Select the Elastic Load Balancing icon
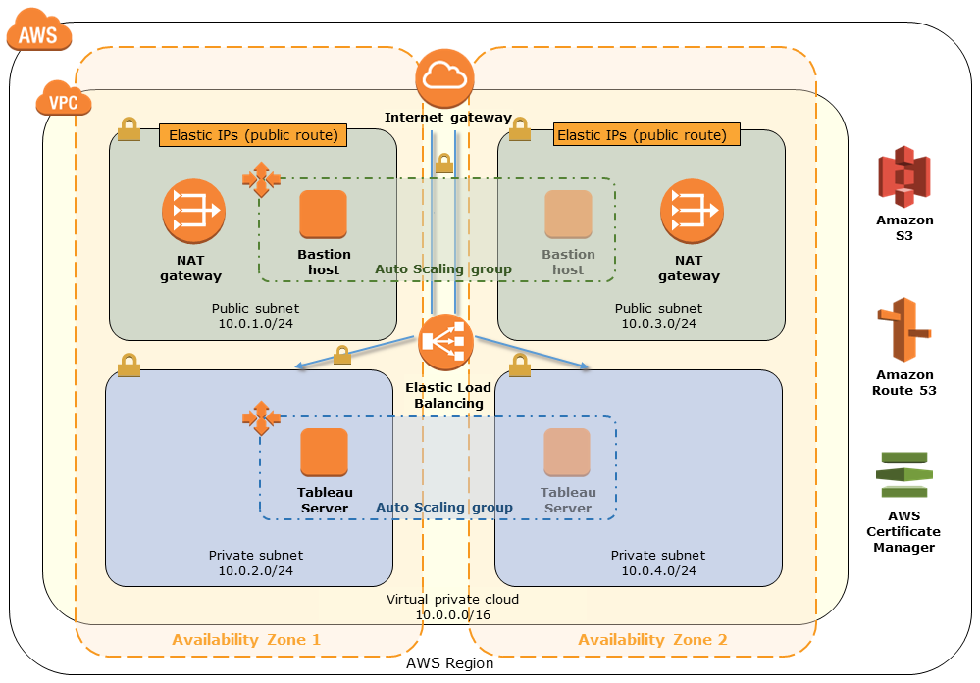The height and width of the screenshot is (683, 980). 445,343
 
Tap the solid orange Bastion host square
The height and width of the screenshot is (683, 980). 324,214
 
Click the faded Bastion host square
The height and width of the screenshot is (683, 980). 569,214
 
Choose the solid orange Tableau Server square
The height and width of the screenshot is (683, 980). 324,452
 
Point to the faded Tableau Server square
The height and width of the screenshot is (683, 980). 568,452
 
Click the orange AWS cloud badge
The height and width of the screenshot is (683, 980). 39,31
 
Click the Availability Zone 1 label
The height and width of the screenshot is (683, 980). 246,640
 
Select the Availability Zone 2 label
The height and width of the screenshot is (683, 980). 652,640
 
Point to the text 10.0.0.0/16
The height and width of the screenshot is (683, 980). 452,615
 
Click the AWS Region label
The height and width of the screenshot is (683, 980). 449,663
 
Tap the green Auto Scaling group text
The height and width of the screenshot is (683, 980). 443,268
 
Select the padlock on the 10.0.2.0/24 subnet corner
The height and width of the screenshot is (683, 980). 129,365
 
